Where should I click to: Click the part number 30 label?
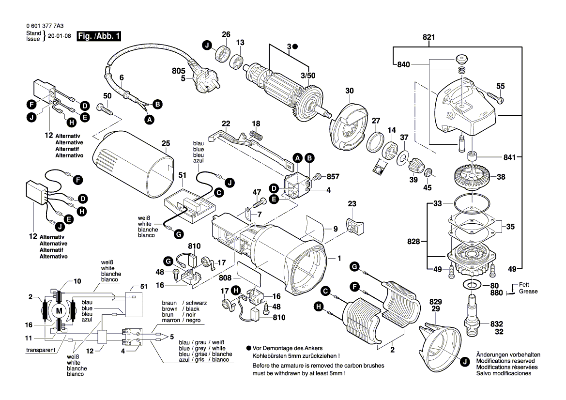click(350, 91)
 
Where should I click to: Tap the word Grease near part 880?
click(528, 292)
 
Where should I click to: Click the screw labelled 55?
click(496, 99)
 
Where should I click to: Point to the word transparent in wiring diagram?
click(40, 350)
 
